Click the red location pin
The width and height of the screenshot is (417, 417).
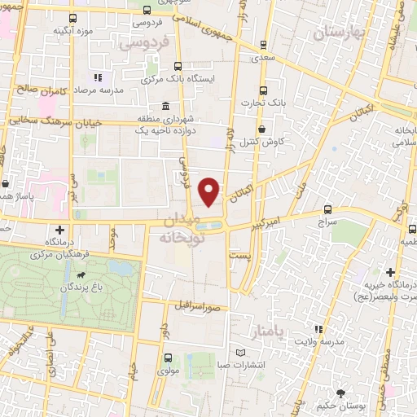210,191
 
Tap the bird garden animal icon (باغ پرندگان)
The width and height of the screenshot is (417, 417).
81,287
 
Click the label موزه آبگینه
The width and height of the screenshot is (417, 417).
71,31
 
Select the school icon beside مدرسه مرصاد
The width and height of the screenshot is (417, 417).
97,77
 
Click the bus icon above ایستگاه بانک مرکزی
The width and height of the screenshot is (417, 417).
178,67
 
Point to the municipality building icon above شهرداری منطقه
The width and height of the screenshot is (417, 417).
165,107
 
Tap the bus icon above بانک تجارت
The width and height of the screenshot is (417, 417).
262,90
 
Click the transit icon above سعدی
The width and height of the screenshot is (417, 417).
262,46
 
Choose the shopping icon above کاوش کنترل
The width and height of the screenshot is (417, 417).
261,129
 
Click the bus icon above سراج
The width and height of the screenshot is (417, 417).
327,209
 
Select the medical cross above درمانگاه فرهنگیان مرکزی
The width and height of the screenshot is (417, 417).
61,230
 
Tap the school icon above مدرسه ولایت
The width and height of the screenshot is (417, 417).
318,329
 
